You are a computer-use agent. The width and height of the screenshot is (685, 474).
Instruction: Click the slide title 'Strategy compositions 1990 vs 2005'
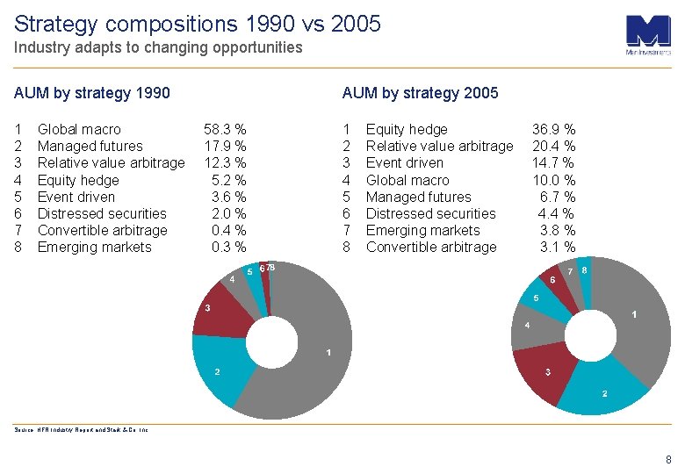(198, 24)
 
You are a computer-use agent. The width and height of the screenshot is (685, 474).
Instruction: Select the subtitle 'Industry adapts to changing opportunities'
(158, 47)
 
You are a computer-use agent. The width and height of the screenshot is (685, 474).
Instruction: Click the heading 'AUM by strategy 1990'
(92, 93)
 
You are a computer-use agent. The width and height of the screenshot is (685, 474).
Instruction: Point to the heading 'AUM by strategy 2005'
(420, 93)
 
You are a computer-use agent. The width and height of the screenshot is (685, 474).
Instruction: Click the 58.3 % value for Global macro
(225, 129)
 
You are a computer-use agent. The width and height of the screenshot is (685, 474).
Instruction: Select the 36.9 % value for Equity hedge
(553, 129)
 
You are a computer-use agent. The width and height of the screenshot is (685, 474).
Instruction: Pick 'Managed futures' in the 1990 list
(90, 146)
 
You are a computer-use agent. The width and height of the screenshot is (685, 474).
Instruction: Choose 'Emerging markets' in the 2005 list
(422, 230)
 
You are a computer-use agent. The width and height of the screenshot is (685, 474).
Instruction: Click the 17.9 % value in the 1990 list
(225, 146)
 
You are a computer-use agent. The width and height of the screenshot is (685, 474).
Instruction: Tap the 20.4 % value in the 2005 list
(553, 146)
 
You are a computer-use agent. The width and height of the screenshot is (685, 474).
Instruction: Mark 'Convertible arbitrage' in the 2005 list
(430, 247)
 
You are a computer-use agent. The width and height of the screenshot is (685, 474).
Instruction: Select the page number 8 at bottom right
(668, 459)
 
